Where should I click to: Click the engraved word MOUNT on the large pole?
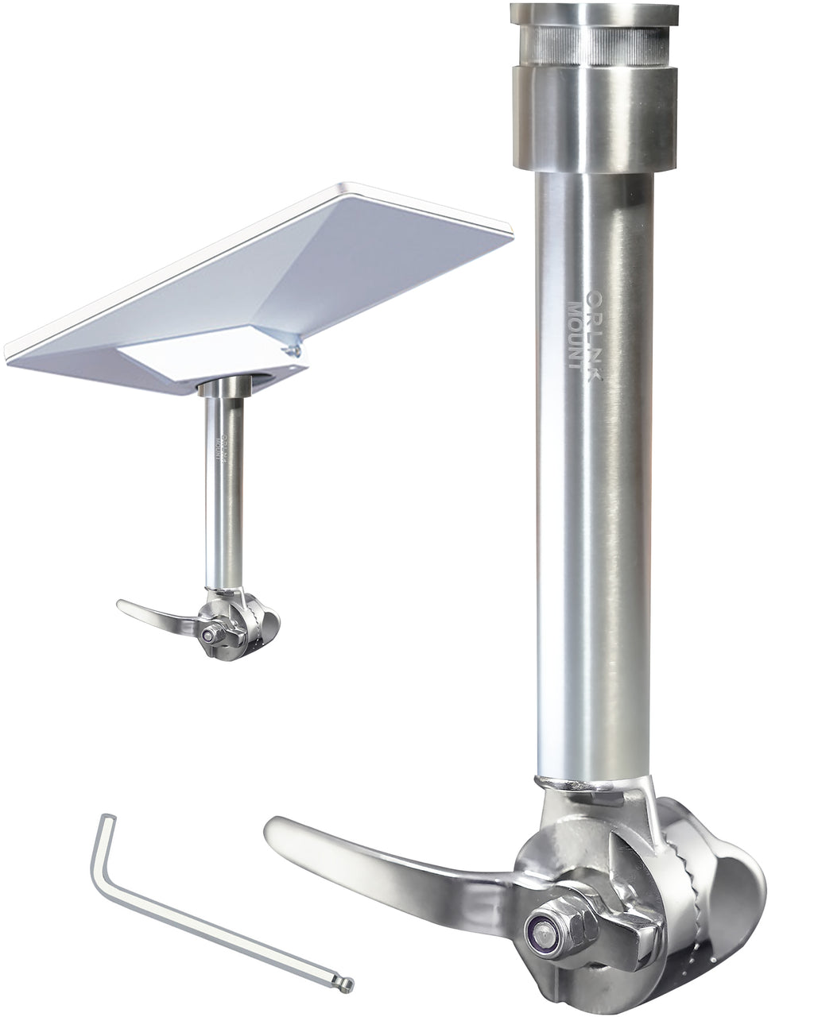click(572, 334)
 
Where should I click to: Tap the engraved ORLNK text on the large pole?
click(593, 334)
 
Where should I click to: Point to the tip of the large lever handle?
click(274, 830)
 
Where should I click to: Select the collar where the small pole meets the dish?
click(224, 387)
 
